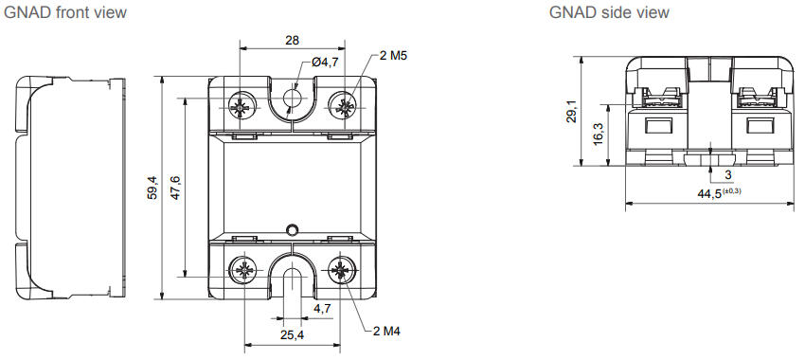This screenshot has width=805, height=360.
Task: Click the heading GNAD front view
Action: pyautogui.click(x=65, y=12)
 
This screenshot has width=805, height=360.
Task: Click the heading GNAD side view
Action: pyautogui.click(x=609, y=12)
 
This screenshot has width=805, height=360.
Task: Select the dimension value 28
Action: pyautogui.click(x=293, y=41)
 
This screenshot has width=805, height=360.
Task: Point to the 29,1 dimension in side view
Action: pyautogui.click(x=568, y=112)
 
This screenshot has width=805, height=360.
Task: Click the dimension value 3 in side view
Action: pyautogui.click(x=727, y=175)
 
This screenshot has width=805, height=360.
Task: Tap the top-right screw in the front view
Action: pyautogui.click(x=342, y=104)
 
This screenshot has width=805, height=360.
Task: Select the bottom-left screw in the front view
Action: pyautogui.click(x=243, y=271)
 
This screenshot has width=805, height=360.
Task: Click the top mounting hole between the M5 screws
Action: pyautogui.click(x=293, y=99)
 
